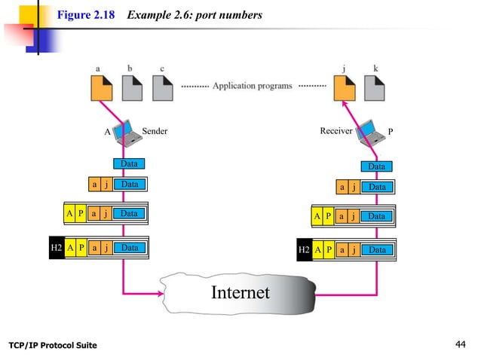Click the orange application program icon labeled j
click(x=345, y=90)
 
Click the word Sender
click(x=155, y=131)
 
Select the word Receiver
click(x=335, y=131)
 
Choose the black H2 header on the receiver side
click(x=304, y=249)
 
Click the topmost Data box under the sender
click(x=129, y=163)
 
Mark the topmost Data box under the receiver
click(x=376, y=166)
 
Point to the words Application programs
click(x=252, y=86)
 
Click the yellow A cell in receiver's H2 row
click(x=318, y=249)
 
